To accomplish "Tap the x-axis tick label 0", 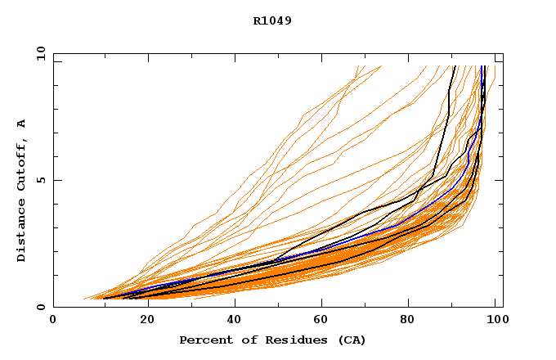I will pyautogui.click(x=53, y=321).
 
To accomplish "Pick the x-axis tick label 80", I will pyautogui.click(x=415, y=321).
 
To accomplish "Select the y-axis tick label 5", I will pyautogui.click(x=41, y=180).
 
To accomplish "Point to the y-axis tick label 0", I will pyautogui.click(x=41, y=307).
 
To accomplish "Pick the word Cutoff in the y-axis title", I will pyautogui.click(x=22, y=164).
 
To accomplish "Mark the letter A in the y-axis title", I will pyautogui.click(x=22, y=124).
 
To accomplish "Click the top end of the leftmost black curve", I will pyautogui.click(x=454, y=66).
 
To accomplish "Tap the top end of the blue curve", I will pyautogui.click(x=483, y=66).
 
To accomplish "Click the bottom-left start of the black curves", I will pyautogui.click(x=105, y=299).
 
